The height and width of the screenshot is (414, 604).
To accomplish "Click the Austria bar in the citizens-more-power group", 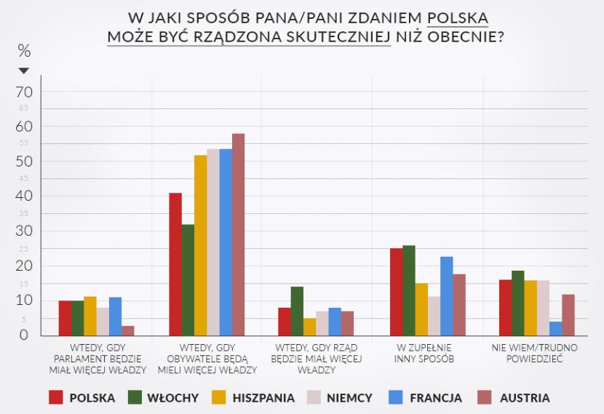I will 238,234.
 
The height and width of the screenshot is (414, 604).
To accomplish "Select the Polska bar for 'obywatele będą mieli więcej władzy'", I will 175,264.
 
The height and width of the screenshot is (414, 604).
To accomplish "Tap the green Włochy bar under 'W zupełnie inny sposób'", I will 409,290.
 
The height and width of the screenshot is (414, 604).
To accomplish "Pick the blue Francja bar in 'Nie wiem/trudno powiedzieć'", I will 555,328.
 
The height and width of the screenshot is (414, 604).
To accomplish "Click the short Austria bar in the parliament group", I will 128,330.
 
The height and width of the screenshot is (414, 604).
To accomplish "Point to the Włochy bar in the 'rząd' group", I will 297,311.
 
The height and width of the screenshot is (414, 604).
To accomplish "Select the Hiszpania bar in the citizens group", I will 200,245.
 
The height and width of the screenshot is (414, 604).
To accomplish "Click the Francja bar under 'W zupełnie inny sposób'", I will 446,295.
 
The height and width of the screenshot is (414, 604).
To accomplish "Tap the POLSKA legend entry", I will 82,397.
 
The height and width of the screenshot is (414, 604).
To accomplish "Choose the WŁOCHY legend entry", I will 161,397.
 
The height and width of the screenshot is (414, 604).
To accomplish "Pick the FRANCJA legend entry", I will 425,397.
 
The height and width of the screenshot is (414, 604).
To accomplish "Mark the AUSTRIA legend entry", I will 513,397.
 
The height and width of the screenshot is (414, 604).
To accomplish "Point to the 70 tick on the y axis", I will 25,92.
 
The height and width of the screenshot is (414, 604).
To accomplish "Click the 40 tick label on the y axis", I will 25,196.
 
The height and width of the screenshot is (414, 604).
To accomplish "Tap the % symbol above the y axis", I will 24,51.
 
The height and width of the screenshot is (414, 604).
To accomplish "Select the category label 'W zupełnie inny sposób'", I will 426,353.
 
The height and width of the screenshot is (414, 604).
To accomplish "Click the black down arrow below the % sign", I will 24,71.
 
